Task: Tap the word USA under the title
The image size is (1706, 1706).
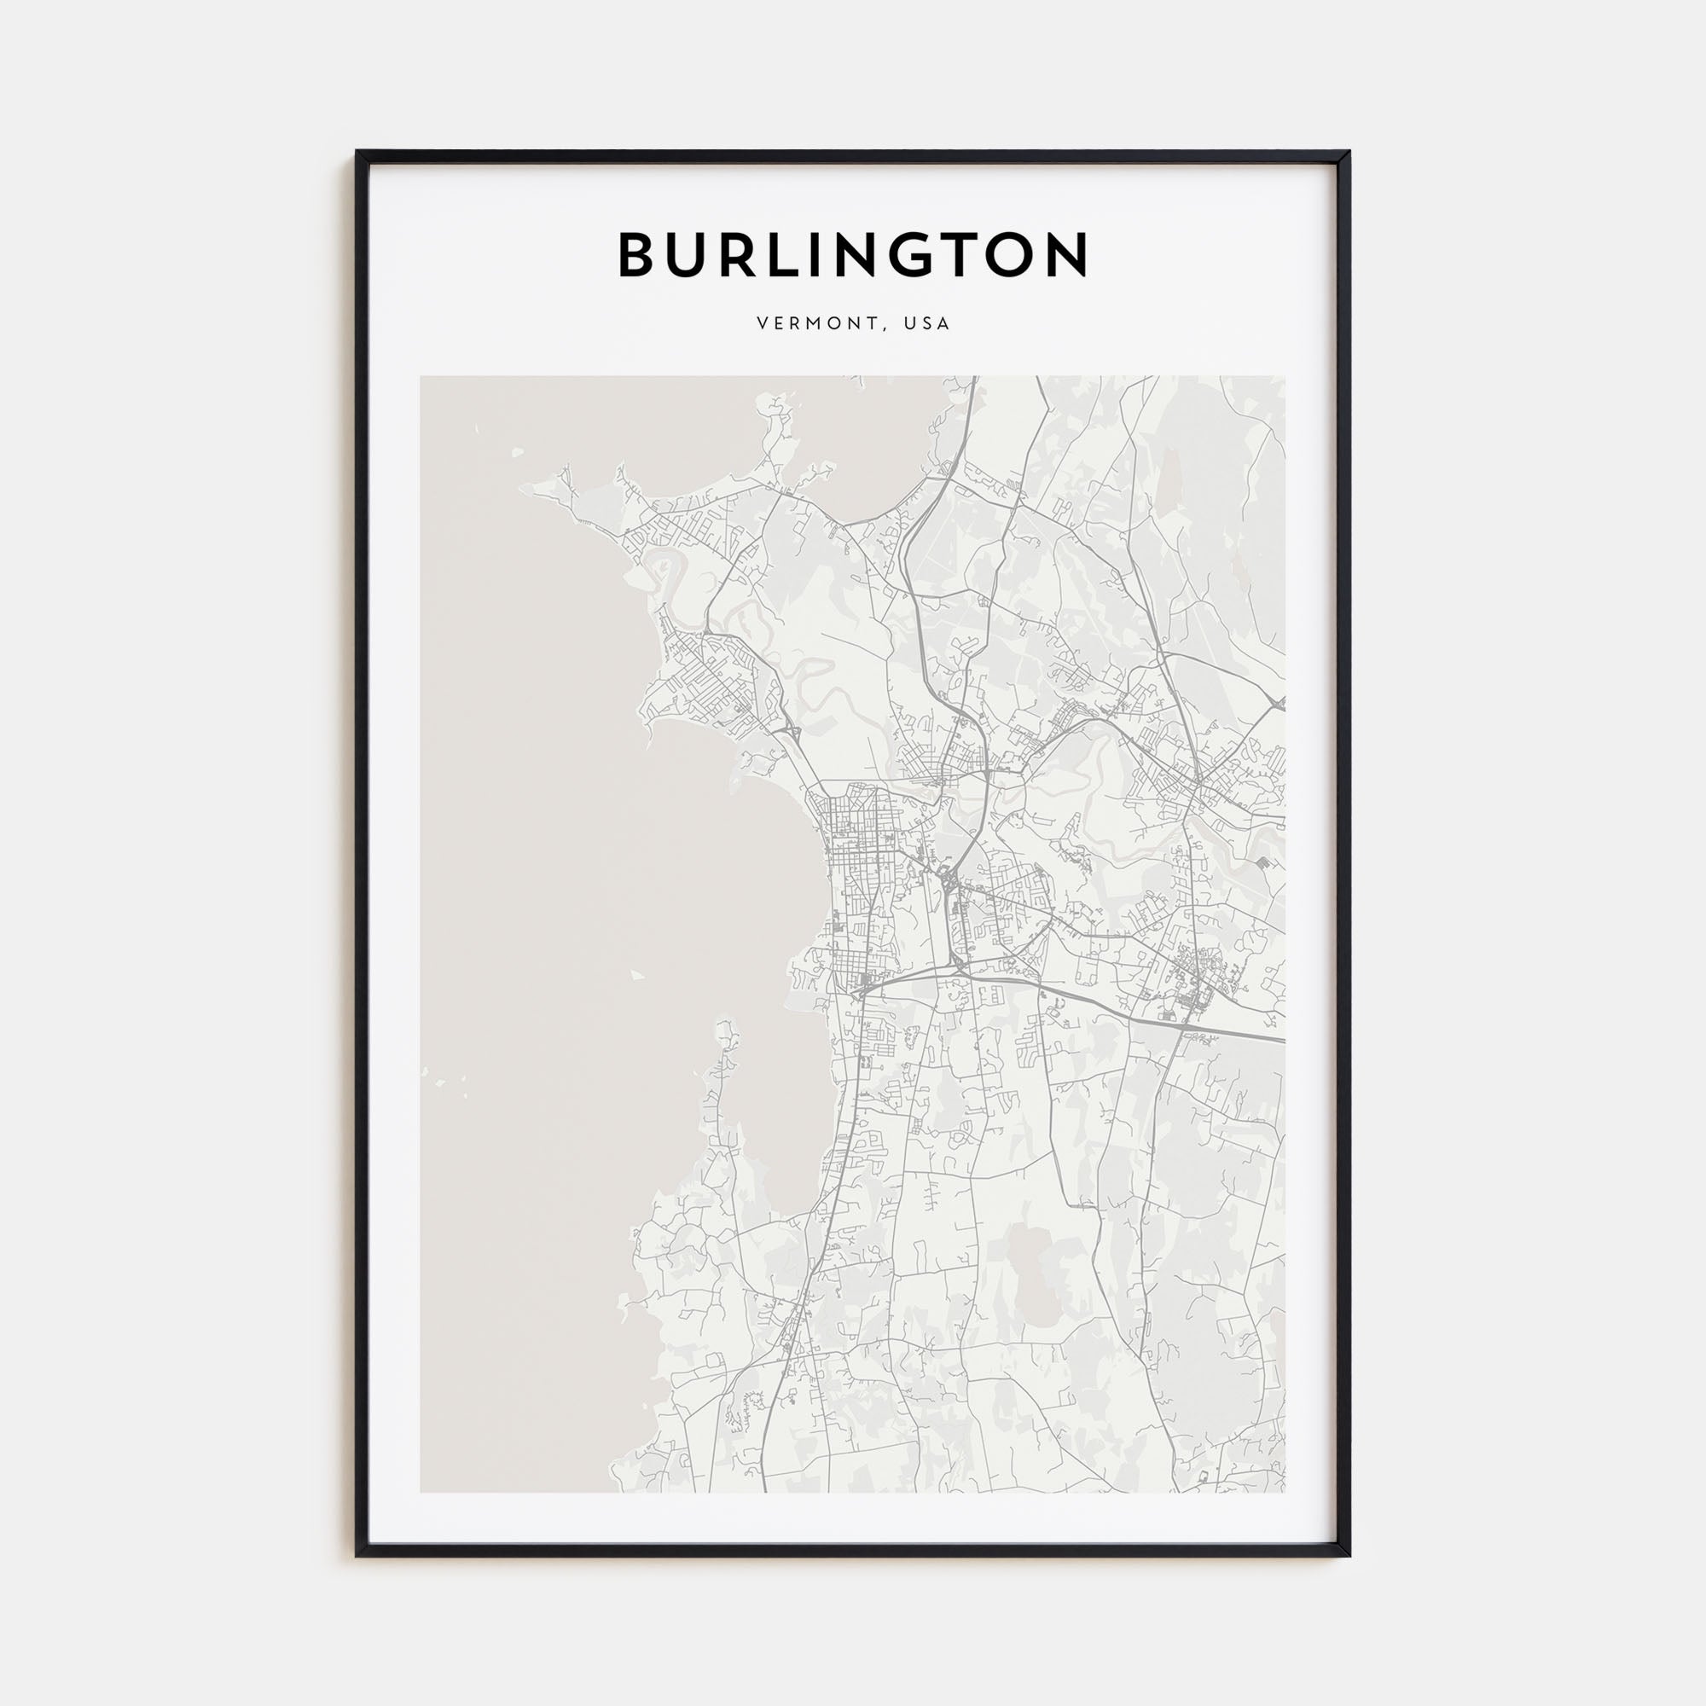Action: (x=927, y=324)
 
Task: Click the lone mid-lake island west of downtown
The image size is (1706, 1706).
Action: (x=636, y=976)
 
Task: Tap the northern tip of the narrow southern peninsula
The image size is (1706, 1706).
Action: (x=725, y=1024)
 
